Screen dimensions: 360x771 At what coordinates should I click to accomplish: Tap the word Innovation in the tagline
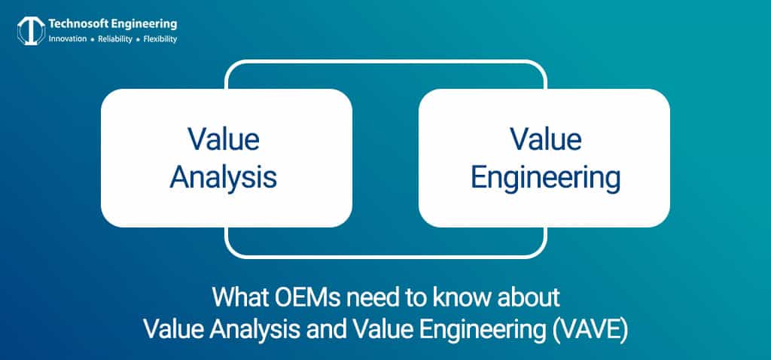click(68, 39)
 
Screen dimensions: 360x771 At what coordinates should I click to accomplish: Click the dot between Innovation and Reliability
click(91, 39)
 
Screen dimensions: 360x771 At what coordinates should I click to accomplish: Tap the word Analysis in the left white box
click(224, 178)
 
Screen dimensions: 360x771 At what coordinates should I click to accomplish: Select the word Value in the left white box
click(224, 140)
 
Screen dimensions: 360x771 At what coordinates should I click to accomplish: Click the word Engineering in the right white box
click(545, 178)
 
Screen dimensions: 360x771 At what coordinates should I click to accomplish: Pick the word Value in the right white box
click(545, 140)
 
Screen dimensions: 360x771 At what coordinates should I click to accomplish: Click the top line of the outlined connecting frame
click(385, 62)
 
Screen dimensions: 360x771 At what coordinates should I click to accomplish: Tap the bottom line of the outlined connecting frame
click(385, 255)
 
